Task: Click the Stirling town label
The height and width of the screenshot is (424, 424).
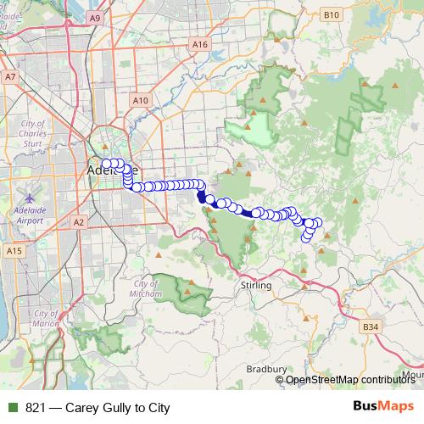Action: tap(256, 286)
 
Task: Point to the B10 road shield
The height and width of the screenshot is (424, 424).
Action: tap(331, 14)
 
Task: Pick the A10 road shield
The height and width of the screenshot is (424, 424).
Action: tap(141, 100)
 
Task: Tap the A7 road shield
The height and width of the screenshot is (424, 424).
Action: tap(10, 76)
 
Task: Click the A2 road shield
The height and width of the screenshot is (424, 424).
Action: tap(79, 222)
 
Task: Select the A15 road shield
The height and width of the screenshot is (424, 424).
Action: tap(14, 251)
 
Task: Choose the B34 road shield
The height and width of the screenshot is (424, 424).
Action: tap(370, 326)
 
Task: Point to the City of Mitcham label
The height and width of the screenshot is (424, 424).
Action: tap(146, 287)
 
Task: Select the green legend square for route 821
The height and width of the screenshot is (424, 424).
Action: tap(12, 408)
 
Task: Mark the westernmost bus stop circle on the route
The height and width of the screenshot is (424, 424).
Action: tap(106, 165)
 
